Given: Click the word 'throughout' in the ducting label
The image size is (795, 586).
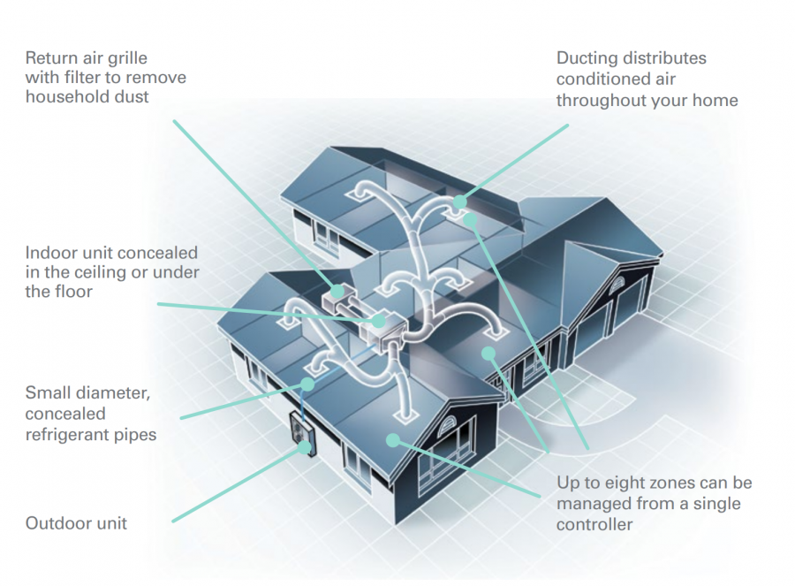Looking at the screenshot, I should coord(601,100).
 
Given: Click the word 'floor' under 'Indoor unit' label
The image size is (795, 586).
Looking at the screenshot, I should coord(71,291).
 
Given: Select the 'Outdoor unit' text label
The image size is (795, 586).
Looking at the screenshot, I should coord(76,523).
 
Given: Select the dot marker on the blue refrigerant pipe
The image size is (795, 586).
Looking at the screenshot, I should coord(307,384).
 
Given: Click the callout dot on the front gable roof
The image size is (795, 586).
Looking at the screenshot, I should coord(391,438).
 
